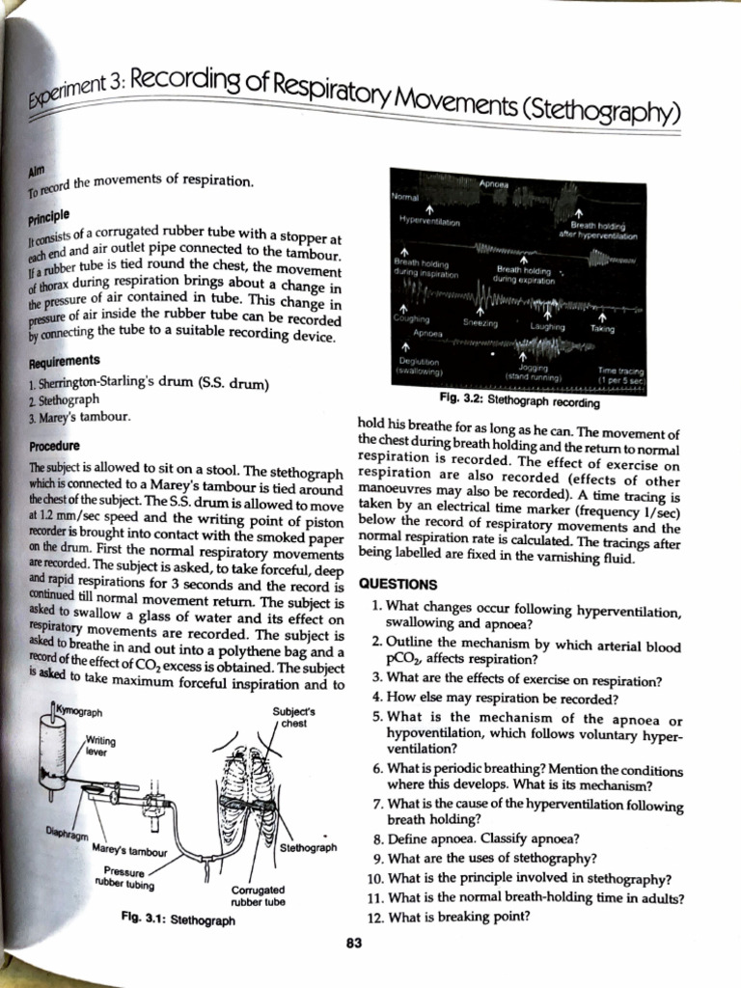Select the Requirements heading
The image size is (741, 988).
click(x=54, y=360)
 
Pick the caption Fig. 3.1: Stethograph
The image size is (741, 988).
click(x=178, y=920)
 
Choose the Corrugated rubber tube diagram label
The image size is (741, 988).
click(x=258, y=896)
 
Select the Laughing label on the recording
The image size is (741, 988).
click(x=548, y=326)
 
